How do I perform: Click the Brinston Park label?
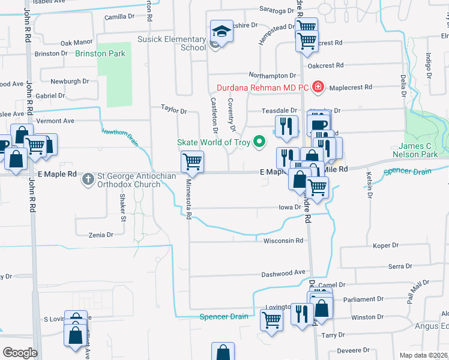point(100,53)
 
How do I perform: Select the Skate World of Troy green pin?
point(259,142)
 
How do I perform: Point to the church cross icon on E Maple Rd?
point(88,178)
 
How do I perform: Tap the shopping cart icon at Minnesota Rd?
point(192,161)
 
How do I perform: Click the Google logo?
point(20,352)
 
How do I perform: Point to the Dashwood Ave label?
point(283,274)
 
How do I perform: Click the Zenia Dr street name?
point(100,235)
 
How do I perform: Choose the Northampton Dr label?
point(272,76)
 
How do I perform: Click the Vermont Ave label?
point(55,121)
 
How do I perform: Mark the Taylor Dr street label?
point(174,110)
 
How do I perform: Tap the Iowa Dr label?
point(289,207)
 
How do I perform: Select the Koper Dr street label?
point(386,245)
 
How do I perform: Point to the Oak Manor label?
point(77,43)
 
